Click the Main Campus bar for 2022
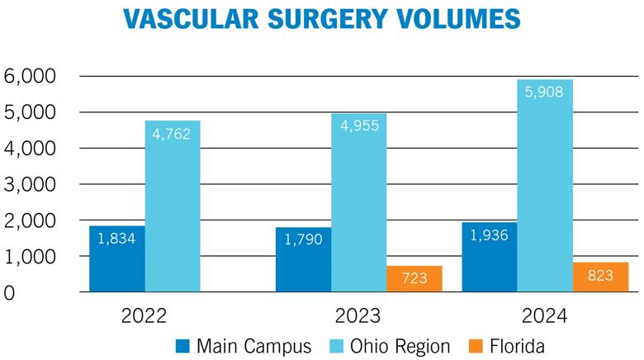[117, 258]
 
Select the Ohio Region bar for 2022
[173, 206]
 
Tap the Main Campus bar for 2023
[303, 259]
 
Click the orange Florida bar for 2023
[414, 279]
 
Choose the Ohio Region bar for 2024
[544, 186]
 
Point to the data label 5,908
[544, 92]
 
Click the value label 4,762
[173, 133]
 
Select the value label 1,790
[303, 240]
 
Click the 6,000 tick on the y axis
[31, 76]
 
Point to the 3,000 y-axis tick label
[31, 185]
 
